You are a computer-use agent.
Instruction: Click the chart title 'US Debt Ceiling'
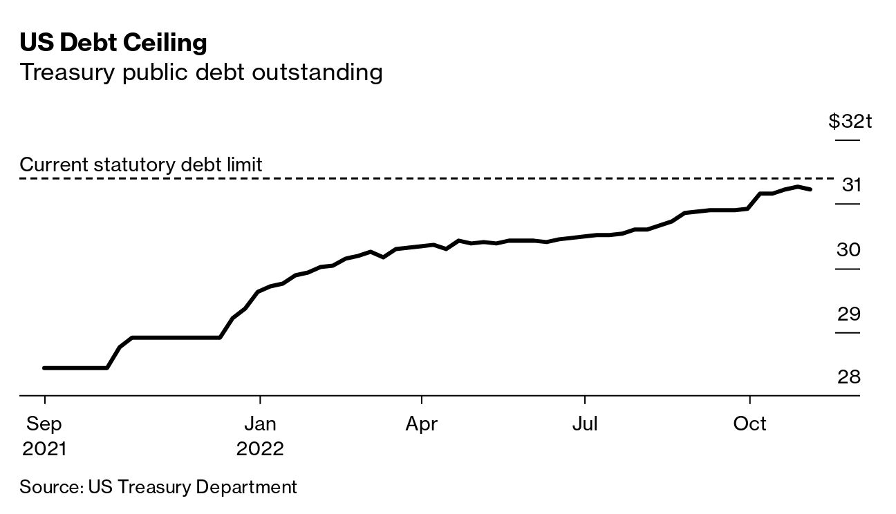[x=113, y=44]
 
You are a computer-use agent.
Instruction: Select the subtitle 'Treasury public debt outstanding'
[x=201, y=72]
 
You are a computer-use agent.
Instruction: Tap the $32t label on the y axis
[x=850, y=122]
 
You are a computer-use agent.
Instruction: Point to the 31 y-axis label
[x=851, y=185]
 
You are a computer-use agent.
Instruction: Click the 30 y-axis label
[x=848, y=249]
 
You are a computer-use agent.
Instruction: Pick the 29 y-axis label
[x=848, y=314]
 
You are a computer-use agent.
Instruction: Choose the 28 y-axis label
[x=848, y=377]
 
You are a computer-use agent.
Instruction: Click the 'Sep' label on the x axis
[x=44, y=423]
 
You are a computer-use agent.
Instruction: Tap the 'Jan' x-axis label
[x=260, y=423]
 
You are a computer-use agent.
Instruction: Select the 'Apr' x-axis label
[x=422, y=423]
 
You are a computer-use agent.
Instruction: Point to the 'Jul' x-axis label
[x=585, y=423]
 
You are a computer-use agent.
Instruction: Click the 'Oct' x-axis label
[x=749, y=423]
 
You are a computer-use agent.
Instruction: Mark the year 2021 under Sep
[x=44, y=449]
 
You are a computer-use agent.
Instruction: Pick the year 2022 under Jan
[x=260, y=449]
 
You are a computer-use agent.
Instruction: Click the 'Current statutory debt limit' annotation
[x=141, y=165]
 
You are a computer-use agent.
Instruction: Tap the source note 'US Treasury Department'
[x=192, y=486]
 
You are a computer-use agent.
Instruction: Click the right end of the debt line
[x=810, y=189]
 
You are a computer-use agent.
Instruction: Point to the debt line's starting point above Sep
[x=44, y=368]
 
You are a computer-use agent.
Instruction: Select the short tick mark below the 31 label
[x=848, y=204]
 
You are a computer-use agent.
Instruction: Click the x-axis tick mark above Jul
[x=585, y=400]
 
